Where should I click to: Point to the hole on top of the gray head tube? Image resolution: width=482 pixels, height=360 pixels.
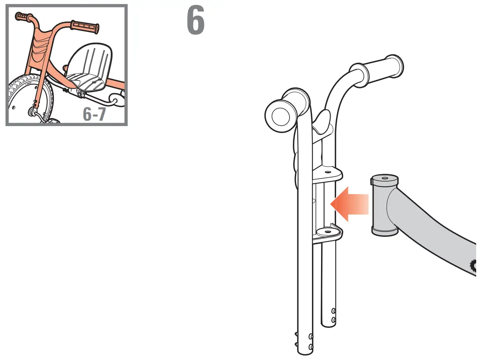(x=385, y=177)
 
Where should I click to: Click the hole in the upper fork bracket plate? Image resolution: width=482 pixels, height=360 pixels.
(x=328, y=171)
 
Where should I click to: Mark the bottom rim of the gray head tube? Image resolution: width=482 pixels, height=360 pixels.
(x=385, y=231)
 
